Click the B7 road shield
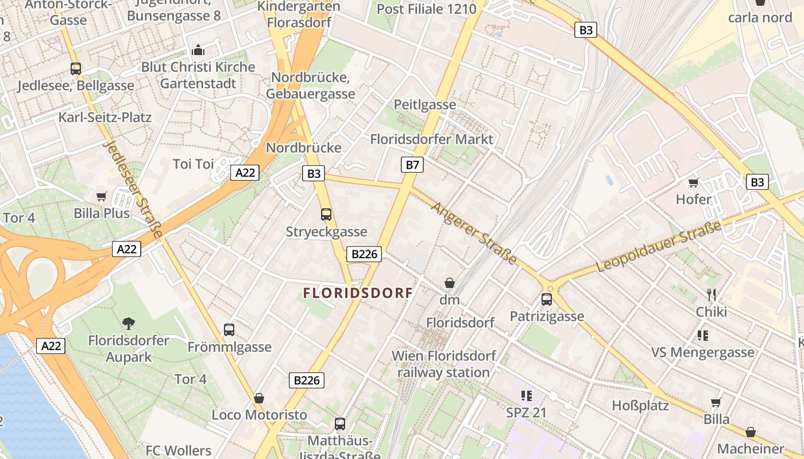(412, 165)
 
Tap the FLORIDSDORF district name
(358, 293)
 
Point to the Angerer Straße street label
(474, 233)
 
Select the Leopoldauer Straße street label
(659, 247)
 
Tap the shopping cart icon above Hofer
(693, 183)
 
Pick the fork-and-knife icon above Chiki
(712, 295)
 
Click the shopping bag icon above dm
(450, 283)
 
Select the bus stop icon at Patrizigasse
(546, 299)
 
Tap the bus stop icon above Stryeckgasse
(326, 215)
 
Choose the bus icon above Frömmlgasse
(229, 330)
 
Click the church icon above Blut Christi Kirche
(198, 50)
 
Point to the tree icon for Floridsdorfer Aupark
(129, 323)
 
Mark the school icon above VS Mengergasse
(702, 335)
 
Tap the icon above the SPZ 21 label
(526, 395)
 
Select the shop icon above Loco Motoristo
(259, 398)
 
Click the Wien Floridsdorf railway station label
(443, 364)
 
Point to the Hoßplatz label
(640, 406)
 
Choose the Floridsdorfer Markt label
(431, 139)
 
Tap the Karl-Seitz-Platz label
(105, 118)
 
